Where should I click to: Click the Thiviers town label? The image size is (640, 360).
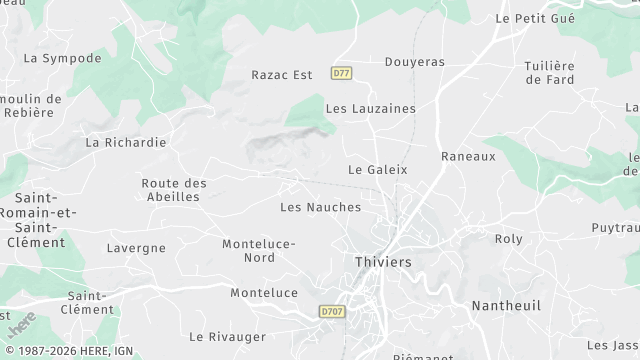[383, 262]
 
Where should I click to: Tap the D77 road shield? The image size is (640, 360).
[342, 74]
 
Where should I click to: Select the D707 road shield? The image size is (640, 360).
[332, 312]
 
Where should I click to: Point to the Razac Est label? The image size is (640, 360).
[282, 74]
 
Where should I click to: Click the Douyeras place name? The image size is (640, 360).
[414, 62]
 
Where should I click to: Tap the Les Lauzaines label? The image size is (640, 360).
[370, 108]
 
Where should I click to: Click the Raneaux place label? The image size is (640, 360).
[468, 156]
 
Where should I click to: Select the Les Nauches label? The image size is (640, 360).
[320, 207]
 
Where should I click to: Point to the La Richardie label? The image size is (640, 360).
[126, 142]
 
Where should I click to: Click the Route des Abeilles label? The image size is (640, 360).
[174, 190]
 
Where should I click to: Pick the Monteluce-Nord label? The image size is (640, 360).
[259, 251]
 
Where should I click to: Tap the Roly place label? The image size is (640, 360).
[509, 239]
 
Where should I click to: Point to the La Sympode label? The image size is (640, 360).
[62, 58]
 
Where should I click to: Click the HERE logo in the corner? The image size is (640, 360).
[21, 326]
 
